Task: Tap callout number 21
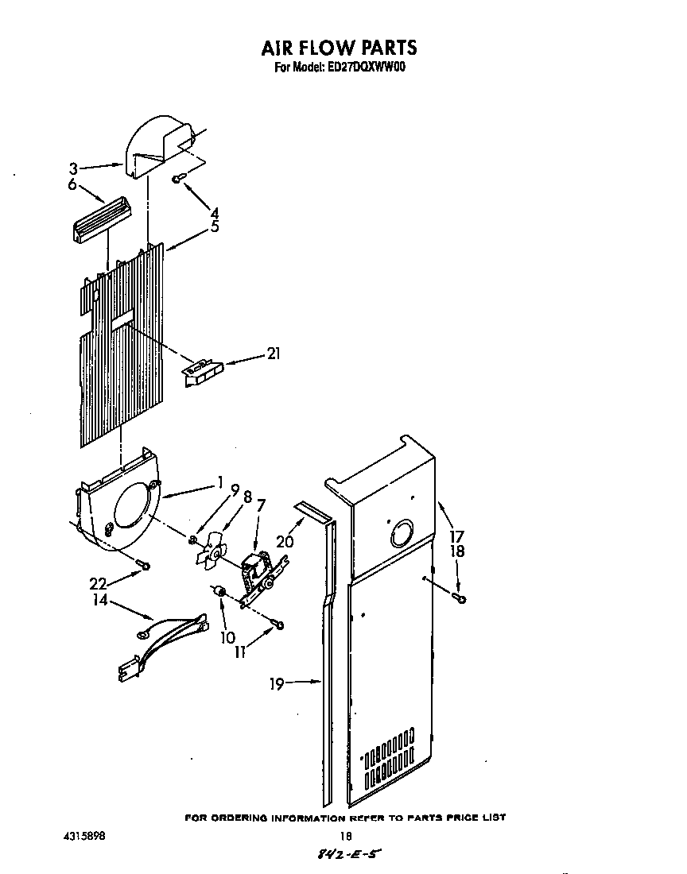273,354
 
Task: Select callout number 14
99,602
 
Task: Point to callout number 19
276,683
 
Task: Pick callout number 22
99,583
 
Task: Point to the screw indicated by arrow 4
179,179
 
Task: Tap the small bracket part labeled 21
203,373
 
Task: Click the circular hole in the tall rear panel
402,535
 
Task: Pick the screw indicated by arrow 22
143,565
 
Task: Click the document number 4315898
83,836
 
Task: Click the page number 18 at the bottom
346,836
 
